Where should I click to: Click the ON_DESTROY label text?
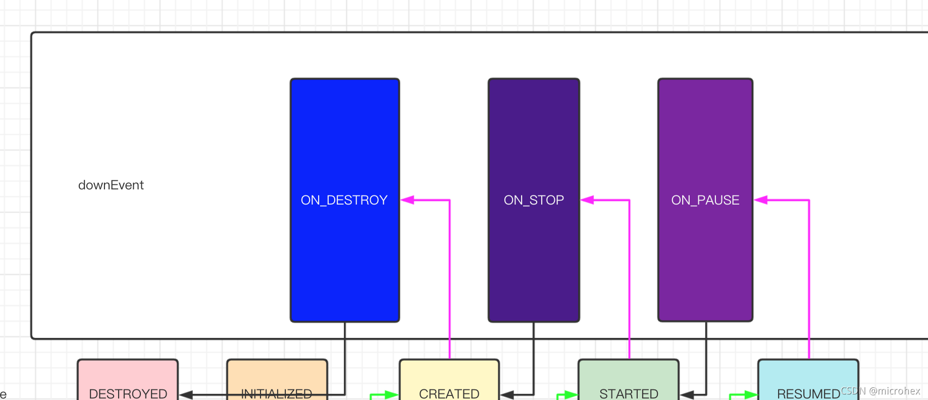[x=344, y=200]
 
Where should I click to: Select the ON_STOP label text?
[x=534, y=200]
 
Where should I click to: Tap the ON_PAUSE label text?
[x=705, y=200]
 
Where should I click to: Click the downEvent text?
[x=111, y=185]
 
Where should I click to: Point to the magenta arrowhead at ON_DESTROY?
[x=407, y=200]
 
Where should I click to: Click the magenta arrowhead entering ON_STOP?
[x=587, y=200]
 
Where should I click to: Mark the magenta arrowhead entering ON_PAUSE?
[x=761, y=200]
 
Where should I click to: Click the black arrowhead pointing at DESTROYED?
[x=186, y=394]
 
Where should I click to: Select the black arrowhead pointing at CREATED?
[x=507, y=394]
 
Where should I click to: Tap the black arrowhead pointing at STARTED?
[x=687, y=394]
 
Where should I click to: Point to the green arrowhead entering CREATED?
[x=392, y=394]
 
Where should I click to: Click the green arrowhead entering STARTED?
[x=571, y=394]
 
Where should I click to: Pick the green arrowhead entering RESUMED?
[x=751, y=394]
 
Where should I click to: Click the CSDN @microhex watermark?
[x=880, y=391]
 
